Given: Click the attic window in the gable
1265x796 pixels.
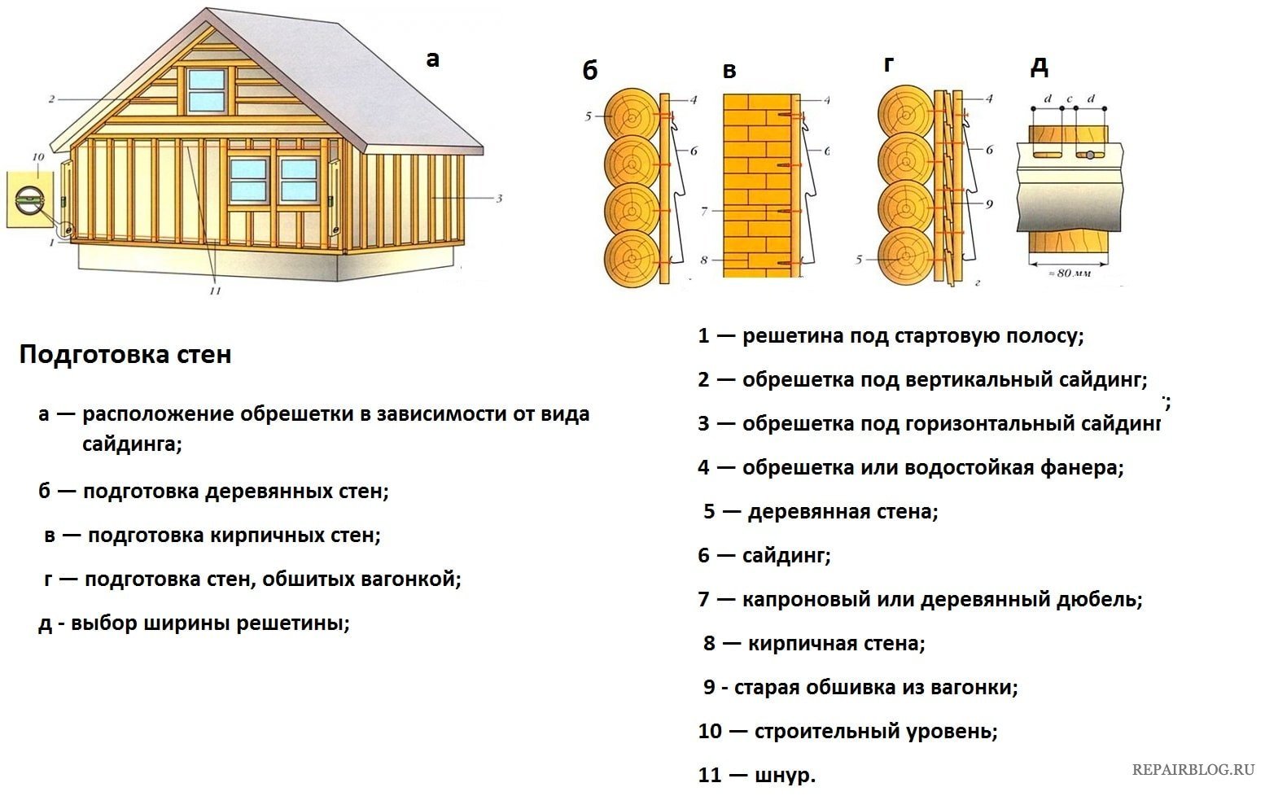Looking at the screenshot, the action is click(207, 90).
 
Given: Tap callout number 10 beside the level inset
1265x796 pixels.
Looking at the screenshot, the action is click(37, 157).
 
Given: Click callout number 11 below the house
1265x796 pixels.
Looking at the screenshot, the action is click(215, 291).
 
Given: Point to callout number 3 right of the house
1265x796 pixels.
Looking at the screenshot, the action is click(499, 198).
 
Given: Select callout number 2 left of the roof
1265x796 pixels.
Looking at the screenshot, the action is click(51, 99).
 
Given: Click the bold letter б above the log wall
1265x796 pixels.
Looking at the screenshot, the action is click(589, 71).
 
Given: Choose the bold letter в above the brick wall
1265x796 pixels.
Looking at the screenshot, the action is click(729, 72).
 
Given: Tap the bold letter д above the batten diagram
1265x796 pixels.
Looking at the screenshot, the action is click(1039, 67).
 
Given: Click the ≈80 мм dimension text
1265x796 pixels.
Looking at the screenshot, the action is click(1068, 273).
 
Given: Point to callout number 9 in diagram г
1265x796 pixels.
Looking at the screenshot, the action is click(989, 203).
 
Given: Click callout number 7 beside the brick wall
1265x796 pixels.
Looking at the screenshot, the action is click(703, 211).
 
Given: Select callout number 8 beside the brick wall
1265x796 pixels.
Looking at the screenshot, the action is click(703, 260).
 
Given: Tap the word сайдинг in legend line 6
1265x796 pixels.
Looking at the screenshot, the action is click(786, 556).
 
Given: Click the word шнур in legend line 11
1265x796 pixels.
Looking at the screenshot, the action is click(785, 776).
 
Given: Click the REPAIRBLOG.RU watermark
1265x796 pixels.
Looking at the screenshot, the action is click(1193, 769).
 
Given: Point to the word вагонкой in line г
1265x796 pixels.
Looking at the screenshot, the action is click(414, 580).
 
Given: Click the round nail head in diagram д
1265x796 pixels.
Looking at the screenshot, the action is click(1091, 155).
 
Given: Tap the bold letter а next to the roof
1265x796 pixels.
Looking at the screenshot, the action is click(432, 59).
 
